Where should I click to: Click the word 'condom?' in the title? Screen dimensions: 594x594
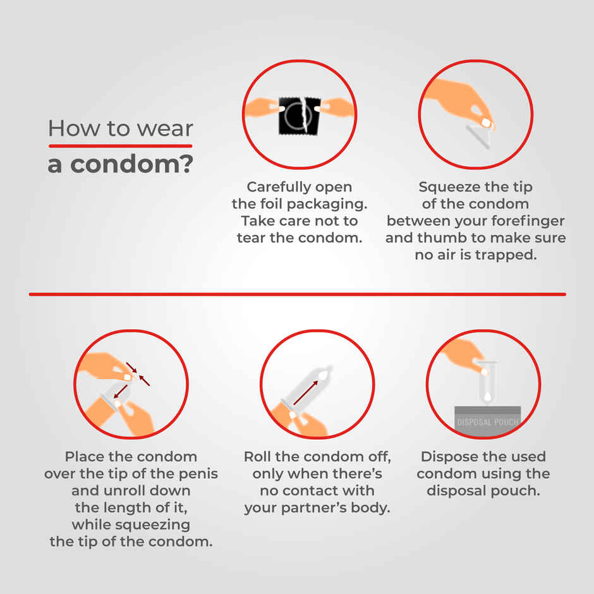click(132, 164)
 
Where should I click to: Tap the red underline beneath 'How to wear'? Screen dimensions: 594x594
click(121, 146)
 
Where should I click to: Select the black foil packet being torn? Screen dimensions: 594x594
click(300, 116)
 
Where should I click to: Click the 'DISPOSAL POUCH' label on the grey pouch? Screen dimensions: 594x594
click(487, 422)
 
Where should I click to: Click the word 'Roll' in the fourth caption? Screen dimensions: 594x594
click(258, 456)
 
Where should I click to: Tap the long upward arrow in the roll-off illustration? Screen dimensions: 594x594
click(305, 392)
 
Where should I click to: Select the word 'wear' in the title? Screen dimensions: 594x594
click(165, 129)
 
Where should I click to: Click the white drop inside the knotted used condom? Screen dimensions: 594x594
click(488, 397)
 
